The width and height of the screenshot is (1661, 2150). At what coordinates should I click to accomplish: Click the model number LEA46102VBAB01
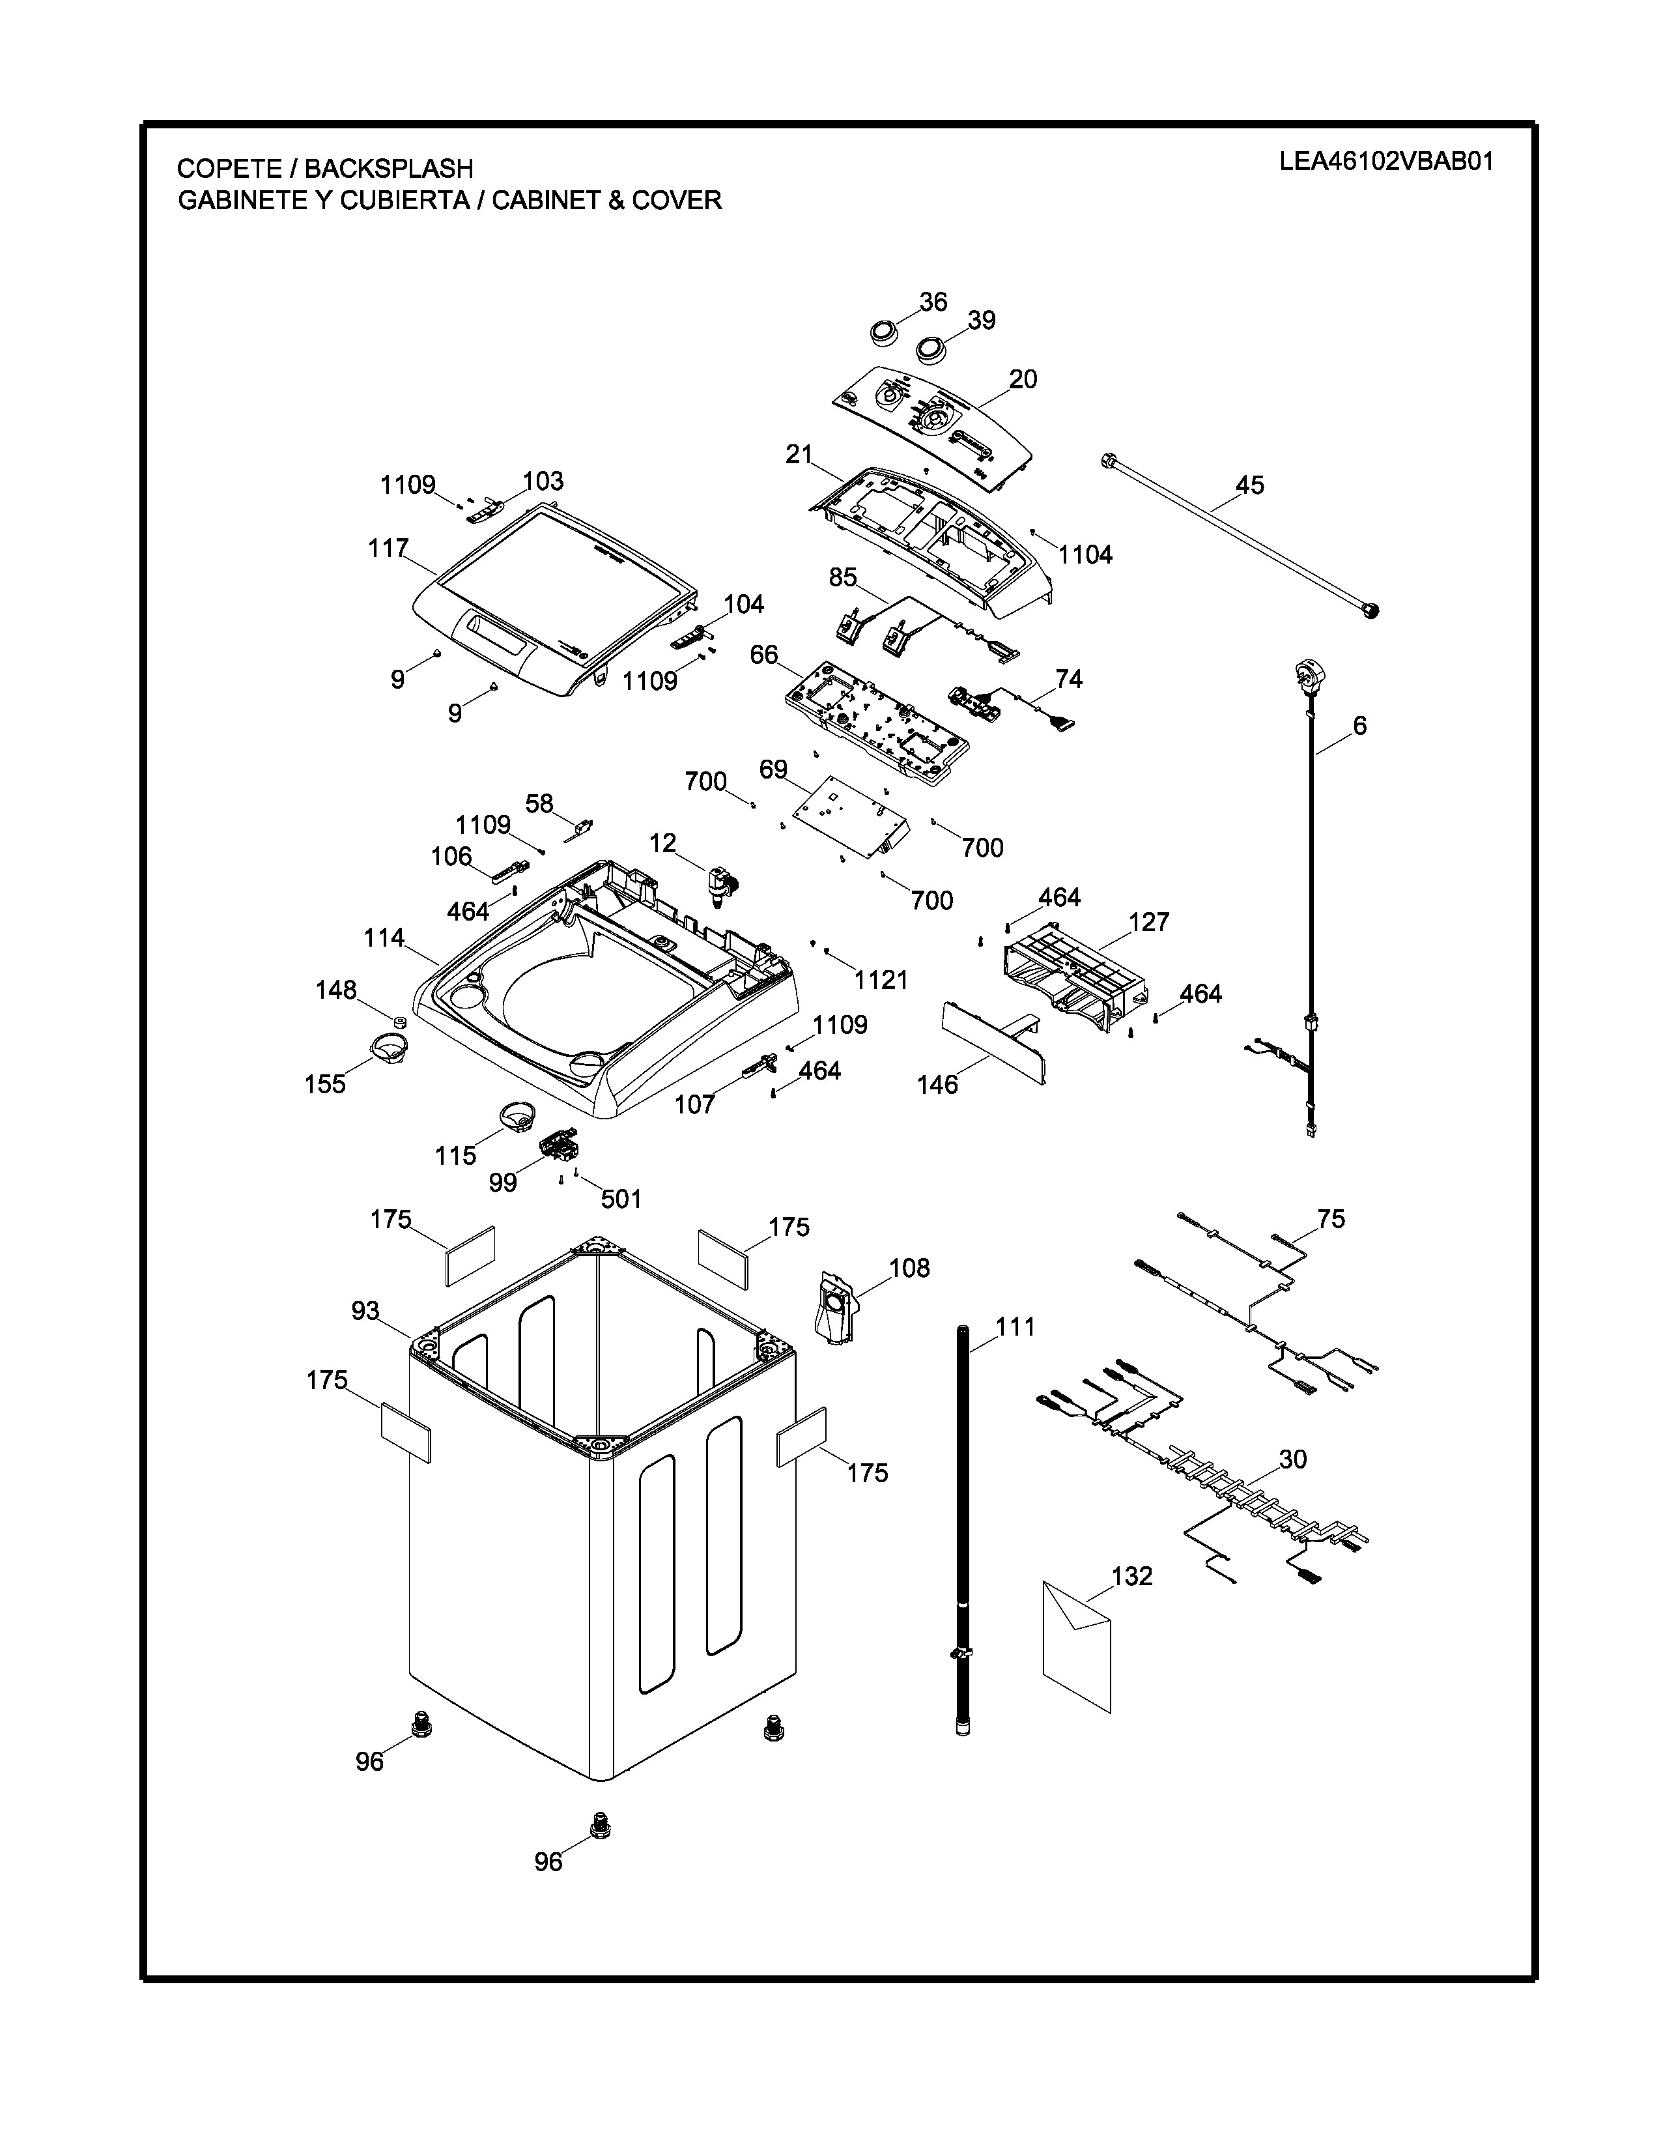1385,162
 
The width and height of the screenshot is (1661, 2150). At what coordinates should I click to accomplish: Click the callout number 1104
1085,555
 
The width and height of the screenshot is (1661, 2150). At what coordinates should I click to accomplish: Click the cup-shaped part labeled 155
388,1046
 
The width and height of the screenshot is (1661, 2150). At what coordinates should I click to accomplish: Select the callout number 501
620,1198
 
